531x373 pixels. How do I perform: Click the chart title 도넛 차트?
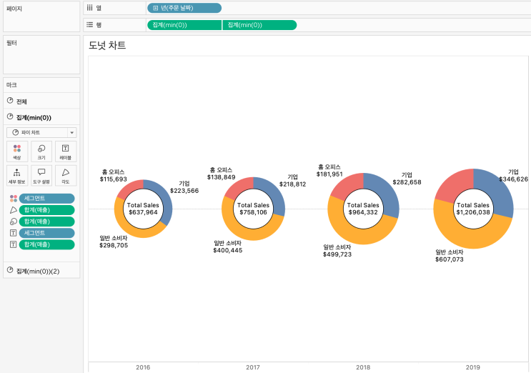[107, 45]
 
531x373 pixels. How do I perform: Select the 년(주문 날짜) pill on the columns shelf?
[184, 8]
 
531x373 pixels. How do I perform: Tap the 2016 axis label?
[143, 367]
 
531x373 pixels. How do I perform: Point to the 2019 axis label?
[472, 367]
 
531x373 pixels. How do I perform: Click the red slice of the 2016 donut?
[130, 189]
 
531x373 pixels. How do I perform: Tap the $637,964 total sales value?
[143, 212]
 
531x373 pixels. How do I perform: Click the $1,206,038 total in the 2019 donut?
[472, 212]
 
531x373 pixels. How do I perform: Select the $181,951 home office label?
[329, 174]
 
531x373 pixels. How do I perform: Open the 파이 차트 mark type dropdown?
[41, 132]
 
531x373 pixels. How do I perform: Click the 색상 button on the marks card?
[17, 151]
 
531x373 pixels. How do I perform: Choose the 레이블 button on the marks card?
[65, 151]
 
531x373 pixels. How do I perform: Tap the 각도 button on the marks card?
[65, 175]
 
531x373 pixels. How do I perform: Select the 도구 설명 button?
[41, 175]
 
